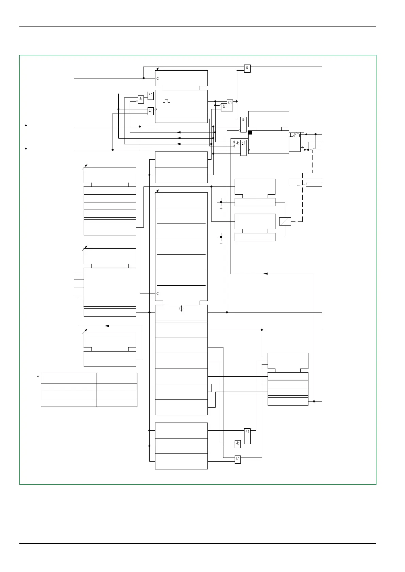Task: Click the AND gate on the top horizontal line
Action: pyautogui.click(x=247, y=68)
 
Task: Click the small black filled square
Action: pyautogui.click(x=250, y=132)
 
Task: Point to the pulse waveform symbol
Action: pyautogui.click(x=166, y=101)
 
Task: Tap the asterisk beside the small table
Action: pyautogui.click(x=38, y=376)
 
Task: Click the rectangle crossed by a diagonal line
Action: pyautogui.click(x=285, y=221)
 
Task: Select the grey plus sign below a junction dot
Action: pyautogui.click(x=221, y=208)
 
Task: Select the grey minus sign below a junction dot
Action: pyautogui.click(x=221, y=243)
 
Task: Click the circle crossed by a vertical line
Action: pyautogui.click(x=181, y=308)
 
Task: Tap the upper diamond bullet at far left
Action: pyautogui.click(x=26, y=126)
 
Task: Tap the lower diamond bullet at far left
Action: pyautogui.click(x=26, y=149)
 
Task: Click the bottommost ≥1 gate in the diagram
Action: pyautogui.click(x=238, y=459)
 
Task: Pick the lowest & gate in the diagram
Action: pyautogui.click(x=237, y=444)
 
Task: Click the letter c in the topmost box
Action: pyautogui.click(x=157, y=78)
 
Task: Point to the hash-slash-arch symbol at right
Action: pyautogui.click(x=294, y=135)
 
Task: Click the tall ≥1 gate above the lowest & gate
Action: pyautogui.click(x=247, y=436)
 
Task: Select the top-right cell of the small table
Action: pyautogui.click(x=117, y=378)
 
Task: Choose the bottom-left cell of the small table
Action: pyautogui.click(x=69, y=403)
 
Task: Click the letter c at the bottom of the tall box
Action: pyautogui.click(x=157, y=293)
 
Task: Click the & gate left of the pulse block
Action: pyautogui.click(x=140, y=100)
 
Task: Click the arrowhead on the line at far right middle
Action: pyautogui.click(x=265, y=273)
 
